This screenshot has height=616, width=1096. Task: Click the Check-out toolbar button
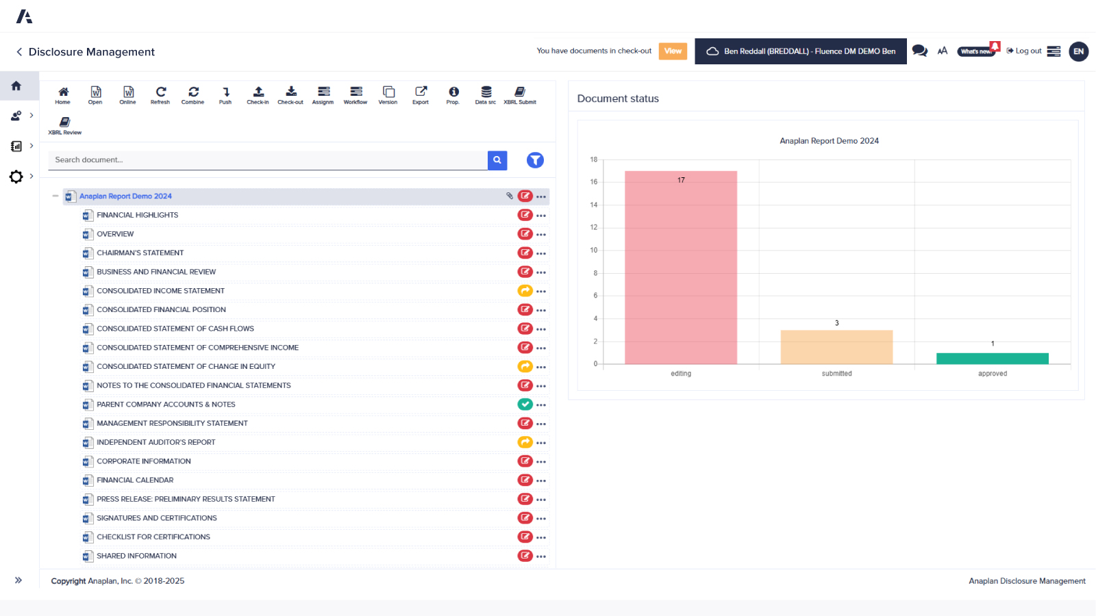tap(290, 95)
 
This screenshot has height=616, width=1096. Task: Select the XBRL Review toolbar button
tap(65, 125)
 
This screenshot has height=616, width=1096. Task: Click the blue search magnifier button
tap(497, 160)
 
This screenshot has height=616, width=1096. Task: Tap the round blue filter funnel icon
tap(535, 160)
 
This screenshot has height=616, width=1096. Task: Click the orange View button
tap(673, 51)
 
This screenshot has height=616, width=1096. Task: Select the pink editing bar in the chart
tap(681, 274)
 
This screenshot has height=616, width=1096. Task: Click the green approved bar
tap(992, 359)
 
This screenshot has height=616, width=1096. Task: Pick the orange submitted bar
tap(836, 348)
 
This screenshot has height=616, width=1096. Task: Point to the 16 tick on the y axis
tap(594, 182)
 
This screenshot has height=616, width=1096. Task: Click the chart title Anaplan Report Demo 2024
tap(829, 141)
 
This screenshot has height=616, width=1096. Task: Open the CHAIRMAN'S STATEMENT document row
tap(140, 253)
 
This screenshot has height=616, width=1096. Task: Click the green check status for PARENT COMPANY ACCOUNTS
tap(525, 405)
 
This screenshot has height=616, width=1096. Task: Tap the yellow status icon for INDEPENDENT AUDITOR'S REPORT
tap(525, 442)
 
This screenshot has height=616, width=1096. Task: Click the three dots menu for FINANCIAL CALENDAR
tap(541, 480)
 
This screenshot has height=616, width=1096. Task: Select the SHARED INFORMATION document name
tap(137, 556)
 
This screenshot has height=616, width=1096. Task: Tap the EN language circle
tap(1078, 51)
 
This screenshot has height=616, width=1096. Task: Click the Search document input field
tap(267, 160)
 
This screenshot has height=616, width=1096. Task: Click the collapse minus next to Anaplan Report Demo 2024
tap(55, 196)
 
